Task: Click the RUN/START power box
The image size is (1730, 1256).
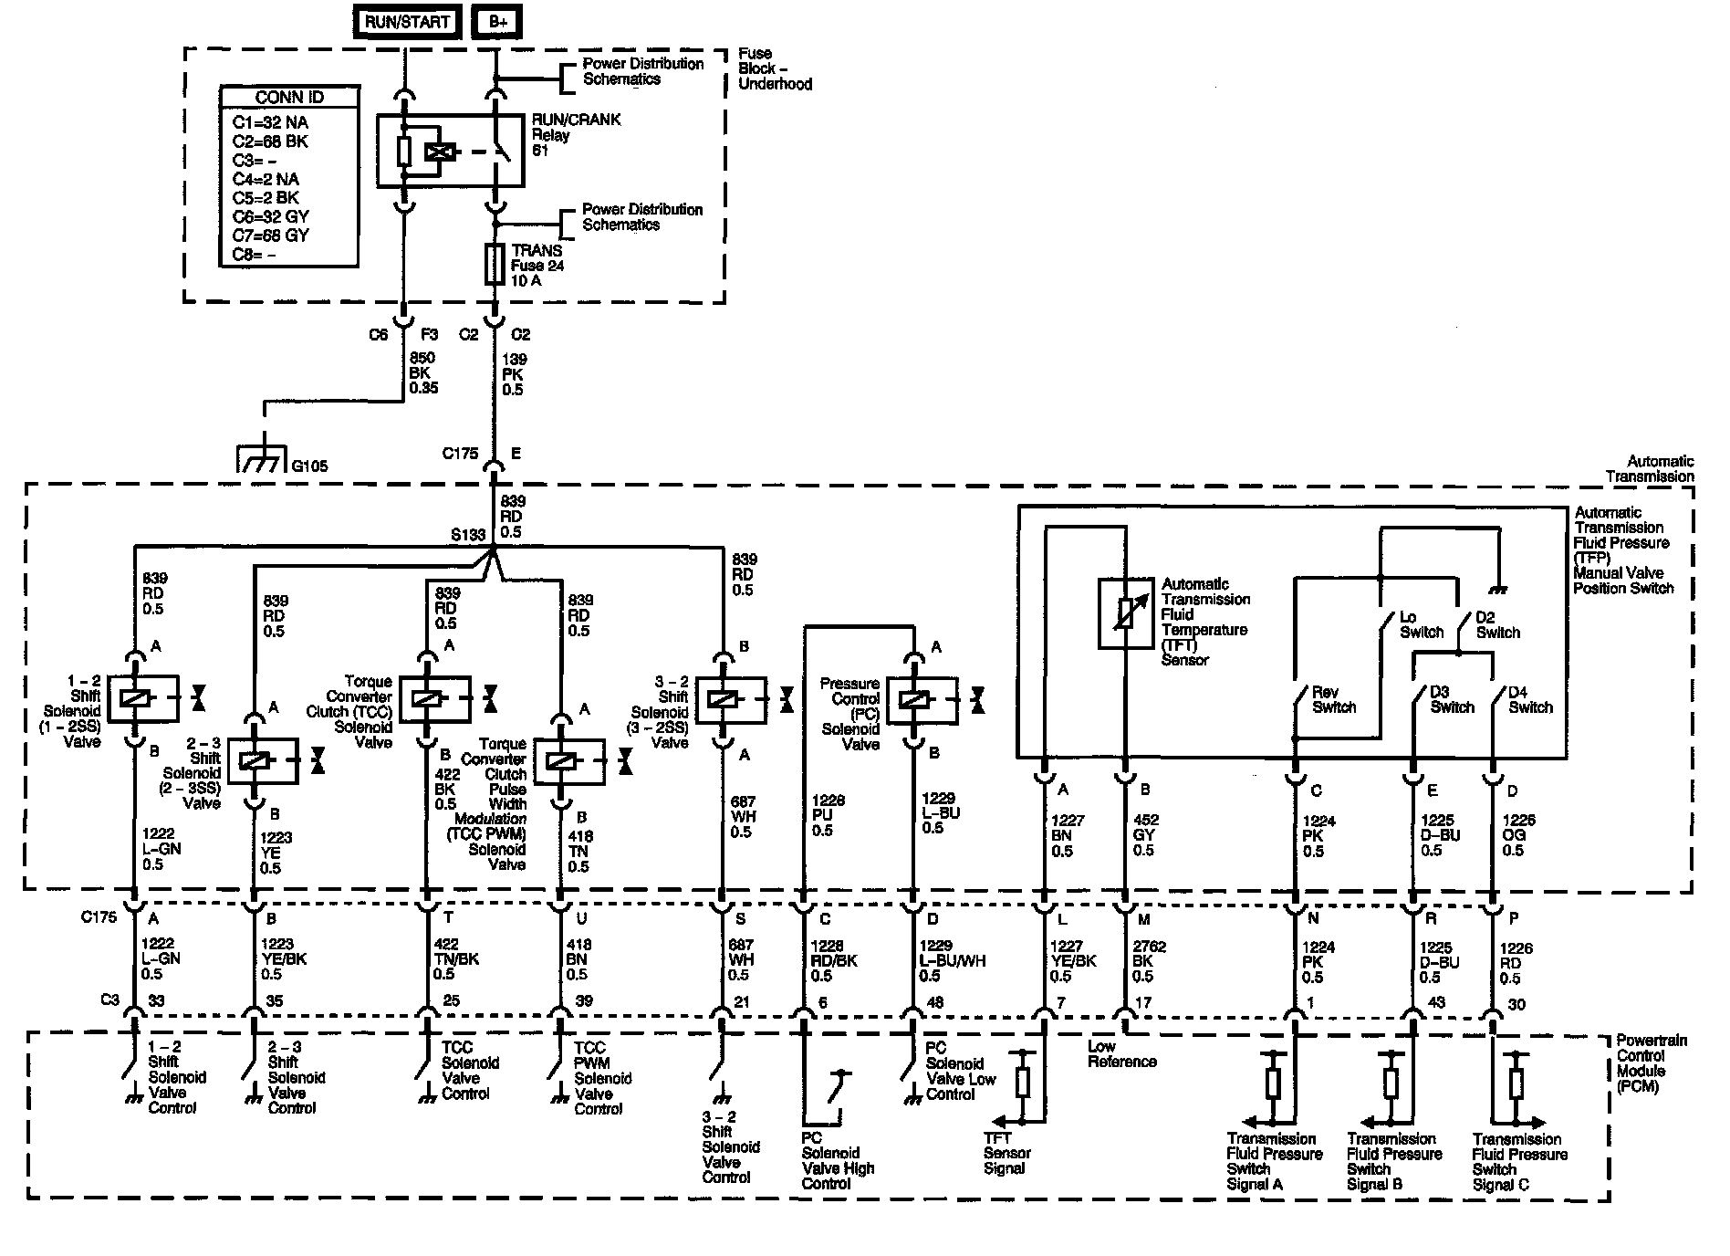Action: coord(407,22)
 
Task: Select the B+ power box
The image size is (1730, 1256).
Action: coord(497,22)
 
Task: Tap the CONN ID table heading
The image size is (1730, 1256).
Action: coord(289,98)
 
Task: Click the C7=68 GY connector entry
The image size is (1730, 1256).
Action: coord(270,235)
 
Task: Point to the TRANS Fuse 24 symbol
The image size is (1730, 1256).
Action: coord(495,264)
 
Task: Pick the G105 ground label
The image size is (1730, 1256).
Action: coord(309,466)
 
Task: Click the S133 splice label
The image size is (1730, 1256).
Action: coord(467,535)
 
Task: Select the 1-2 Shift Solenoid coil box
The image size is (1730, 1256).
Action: coord(135,698)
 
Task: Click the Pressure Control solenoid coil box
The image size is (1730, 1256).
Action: coord(914,700)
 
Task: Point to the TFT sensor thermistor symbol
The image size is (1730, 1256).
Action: coord(1126,612)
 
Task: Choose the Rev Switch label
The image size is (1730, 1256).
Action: coord(1334,700)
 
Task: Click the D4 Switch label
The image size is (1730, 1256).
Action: coord(1530,700)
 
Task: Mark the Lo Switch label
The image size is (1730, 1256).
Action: coord(1422,625)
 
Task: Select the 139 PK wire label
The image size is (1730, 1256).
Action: coord(514,374)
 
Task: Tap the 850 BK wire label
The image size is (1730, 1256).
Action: coord(423,372)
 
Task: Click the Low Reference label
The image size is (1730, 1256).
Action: coord(1121,1054)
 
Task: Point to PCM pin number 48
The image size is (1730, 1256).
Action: coord(935,1002)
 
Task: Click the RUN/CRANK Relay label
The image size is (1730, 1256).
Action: coord(576,134)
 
